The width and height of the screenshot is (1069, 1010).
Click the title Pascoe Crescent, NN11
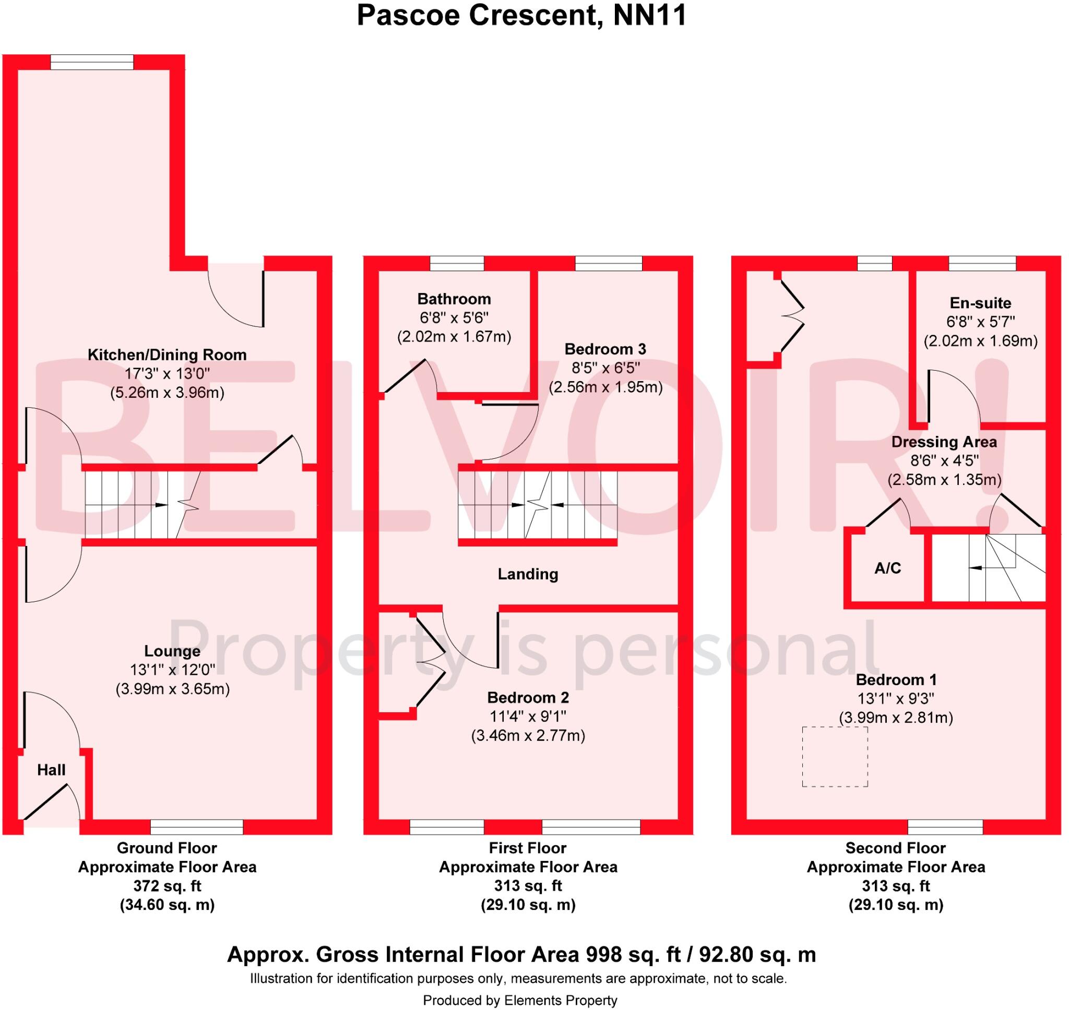[x=521, y=15]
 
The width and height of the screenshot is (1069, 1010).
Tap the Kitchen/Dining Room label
[x=167, y=355]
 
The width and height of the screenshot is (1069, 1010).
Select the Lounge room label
[x=172, y=651]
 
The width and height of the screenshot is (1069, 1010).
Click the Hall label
[x=51, y=770]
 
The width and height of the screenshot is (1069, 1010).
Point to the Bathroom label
[x=454, y=299]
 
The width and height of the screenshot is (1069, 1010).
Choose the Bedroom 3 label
[x=605, y=349]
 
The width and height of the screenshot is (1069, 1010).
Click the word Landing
[x=528, y=574]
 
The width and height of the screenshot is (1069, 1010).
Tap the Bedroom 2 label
[x=528, y=698]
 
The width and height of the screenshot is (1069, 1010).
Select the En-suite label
[x=980, y=302]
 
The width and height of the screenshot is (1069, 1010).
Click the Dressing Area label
[x=944, y=442]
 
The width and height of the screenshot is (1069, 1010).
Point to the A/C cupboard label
[x=887, y=568]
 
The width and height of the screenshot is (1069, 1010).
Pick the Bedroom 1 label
[x=896, y=679]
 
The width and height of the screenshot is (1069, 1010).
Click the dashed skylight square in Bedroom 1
[x=835, y=757]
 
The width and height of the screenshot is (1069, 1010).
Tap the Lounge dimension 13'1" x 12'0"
[x=172, y=670]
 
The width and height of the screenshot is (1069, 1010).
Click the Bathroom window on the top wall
[x=457, y=263]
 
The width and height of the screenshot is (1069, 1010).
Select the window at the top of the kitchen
[x=91, y=63]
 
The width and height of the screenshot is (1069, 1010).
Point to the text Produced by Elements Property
[x=519, y=1000]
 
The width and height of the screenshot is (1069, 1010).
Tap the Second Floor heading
[x=896, y=848]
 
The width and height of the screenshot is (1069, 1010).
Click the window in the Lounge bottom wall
[x=197, y=827]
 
